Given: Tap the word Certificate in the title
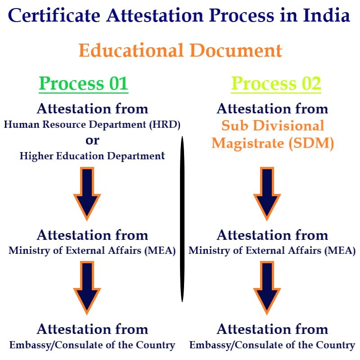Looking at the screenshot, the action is [54, 15].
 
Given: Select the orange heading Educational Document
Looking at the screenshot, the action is [180, 50].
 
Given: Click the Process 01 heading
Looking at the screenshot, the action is [84, 84].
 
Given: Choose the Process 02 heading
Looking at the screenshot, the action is [276, 84].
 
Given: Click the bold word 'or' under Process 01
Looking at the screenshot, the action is [92, 140].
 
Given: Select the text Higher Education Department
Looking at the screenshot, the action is [92, 156].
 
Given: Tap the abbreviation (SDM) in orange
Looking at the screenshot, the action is [311, 143].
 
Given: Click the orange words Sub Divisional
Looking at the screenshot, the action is [273, 126].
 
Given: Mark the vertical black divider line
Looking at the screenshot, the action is [182, 219].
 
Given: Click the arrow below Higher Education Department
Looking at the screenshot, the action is [87, 194].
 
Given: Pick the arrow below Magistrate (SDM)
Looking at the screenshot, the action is [267, 194].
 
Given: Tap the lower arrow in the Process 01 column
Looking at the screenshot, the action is [87, 288].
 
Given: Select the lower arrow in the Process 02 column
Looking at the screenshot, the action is [267, 288].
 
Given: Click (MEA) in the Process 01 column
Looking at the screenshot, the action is [160, 251].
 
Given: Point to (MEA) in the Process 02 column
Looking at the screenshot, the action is [340, 251].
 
